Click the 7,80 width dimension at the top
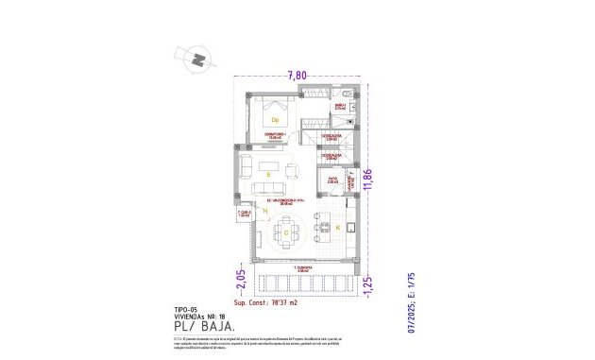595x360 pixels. tap(297, 76)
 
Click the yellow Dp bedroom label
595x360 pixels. tap(276, 121)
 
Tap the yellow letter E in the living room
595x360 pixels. tap(269, 176)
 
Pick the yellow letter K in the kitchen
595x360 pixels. tap(338, 228)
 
